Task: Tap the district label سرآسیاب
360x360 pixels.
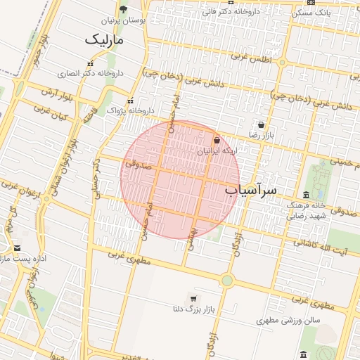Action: click(x=251, y=191)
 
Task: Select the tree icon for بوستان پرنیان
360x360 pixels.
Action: click(x=124, y=9)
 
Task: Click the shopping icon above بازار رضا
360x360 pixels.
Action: click(x=261, y=124)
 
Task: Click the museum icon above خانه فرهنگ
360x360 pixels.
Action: click(x=307, y=195)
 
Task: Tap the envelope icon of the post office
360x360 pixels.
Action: click(x=17, y=247)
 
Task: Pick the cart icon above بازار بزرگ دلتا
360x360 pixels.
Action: click(x=193, y=299)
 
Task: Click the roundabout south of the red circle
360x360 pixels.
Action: click(x=226, y=281)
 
